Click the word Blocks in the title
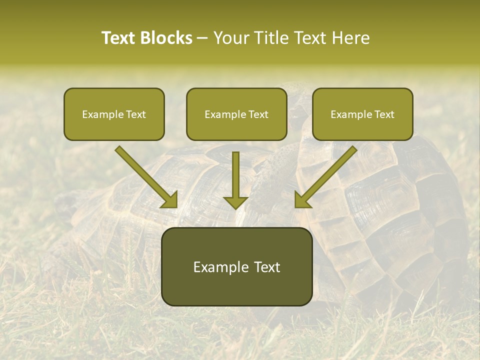pyautogui.click(x=166, y=38)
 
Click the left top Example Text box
pyautogui.click(x=114, y=114)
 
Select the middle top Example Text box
pyautogui.click(x=236, y=114)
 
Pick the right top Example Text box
pyautogui.click(x=362, y=114)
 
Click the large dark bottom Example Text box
pyautogui.click(x=236, y=266)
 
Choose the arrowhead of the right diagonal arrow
pyautogui.click(x=302, y=199)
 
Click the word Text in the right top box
pyautogui.click(x=383, y=114)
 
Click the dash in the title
pyautogui.click(x=202, y=38)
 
